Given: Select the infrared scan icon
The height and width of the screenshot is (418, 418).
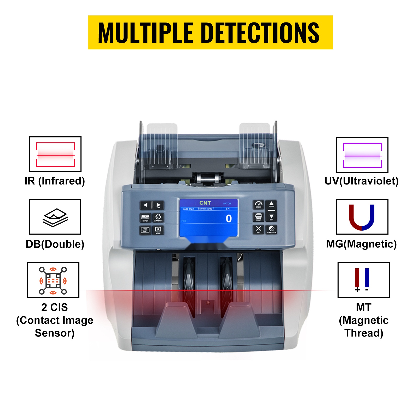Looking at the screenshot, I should pos(55,154).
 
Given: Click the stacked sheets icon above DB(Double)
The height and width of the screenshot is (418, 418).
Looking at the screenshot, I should pos(55,217).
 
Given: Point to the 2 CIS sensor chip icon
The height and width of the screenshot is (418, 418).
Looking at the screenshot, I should pos(53,280).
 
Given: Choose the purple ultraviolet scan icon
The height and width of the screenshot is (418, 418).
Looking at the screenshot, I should pos(362,155).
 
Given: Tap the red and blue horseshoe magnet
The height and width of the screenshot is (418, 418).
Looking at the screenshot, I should pos(362,217).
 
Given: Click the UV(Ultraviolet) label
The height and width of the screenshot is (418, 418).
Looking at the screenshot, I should pos(361,181).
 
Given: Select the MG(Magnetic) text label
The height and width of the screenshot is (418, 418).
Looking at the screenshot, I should pos(361,244).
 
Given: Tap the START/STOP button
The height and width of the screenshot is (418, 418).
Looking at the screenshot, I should pos(271,229).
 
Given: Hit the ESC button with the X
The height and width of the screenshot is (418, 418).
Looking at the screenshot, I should pos(258,229).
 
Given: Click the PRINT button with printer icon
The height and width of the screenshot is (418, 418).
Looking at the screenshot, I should pos(258,217).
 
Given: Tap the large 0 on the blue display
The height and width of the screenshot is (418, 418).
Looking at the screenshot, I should pos(229,218).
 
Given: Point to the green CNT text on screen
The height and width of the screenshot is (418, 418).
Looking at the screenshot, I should pos(205,203).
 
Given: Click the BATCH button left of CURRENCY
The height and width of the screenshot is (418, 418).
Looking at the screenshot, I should pos(145,218).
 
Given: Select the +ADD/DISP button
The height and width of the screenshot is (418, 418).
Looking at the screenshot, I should pos(145,230).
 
